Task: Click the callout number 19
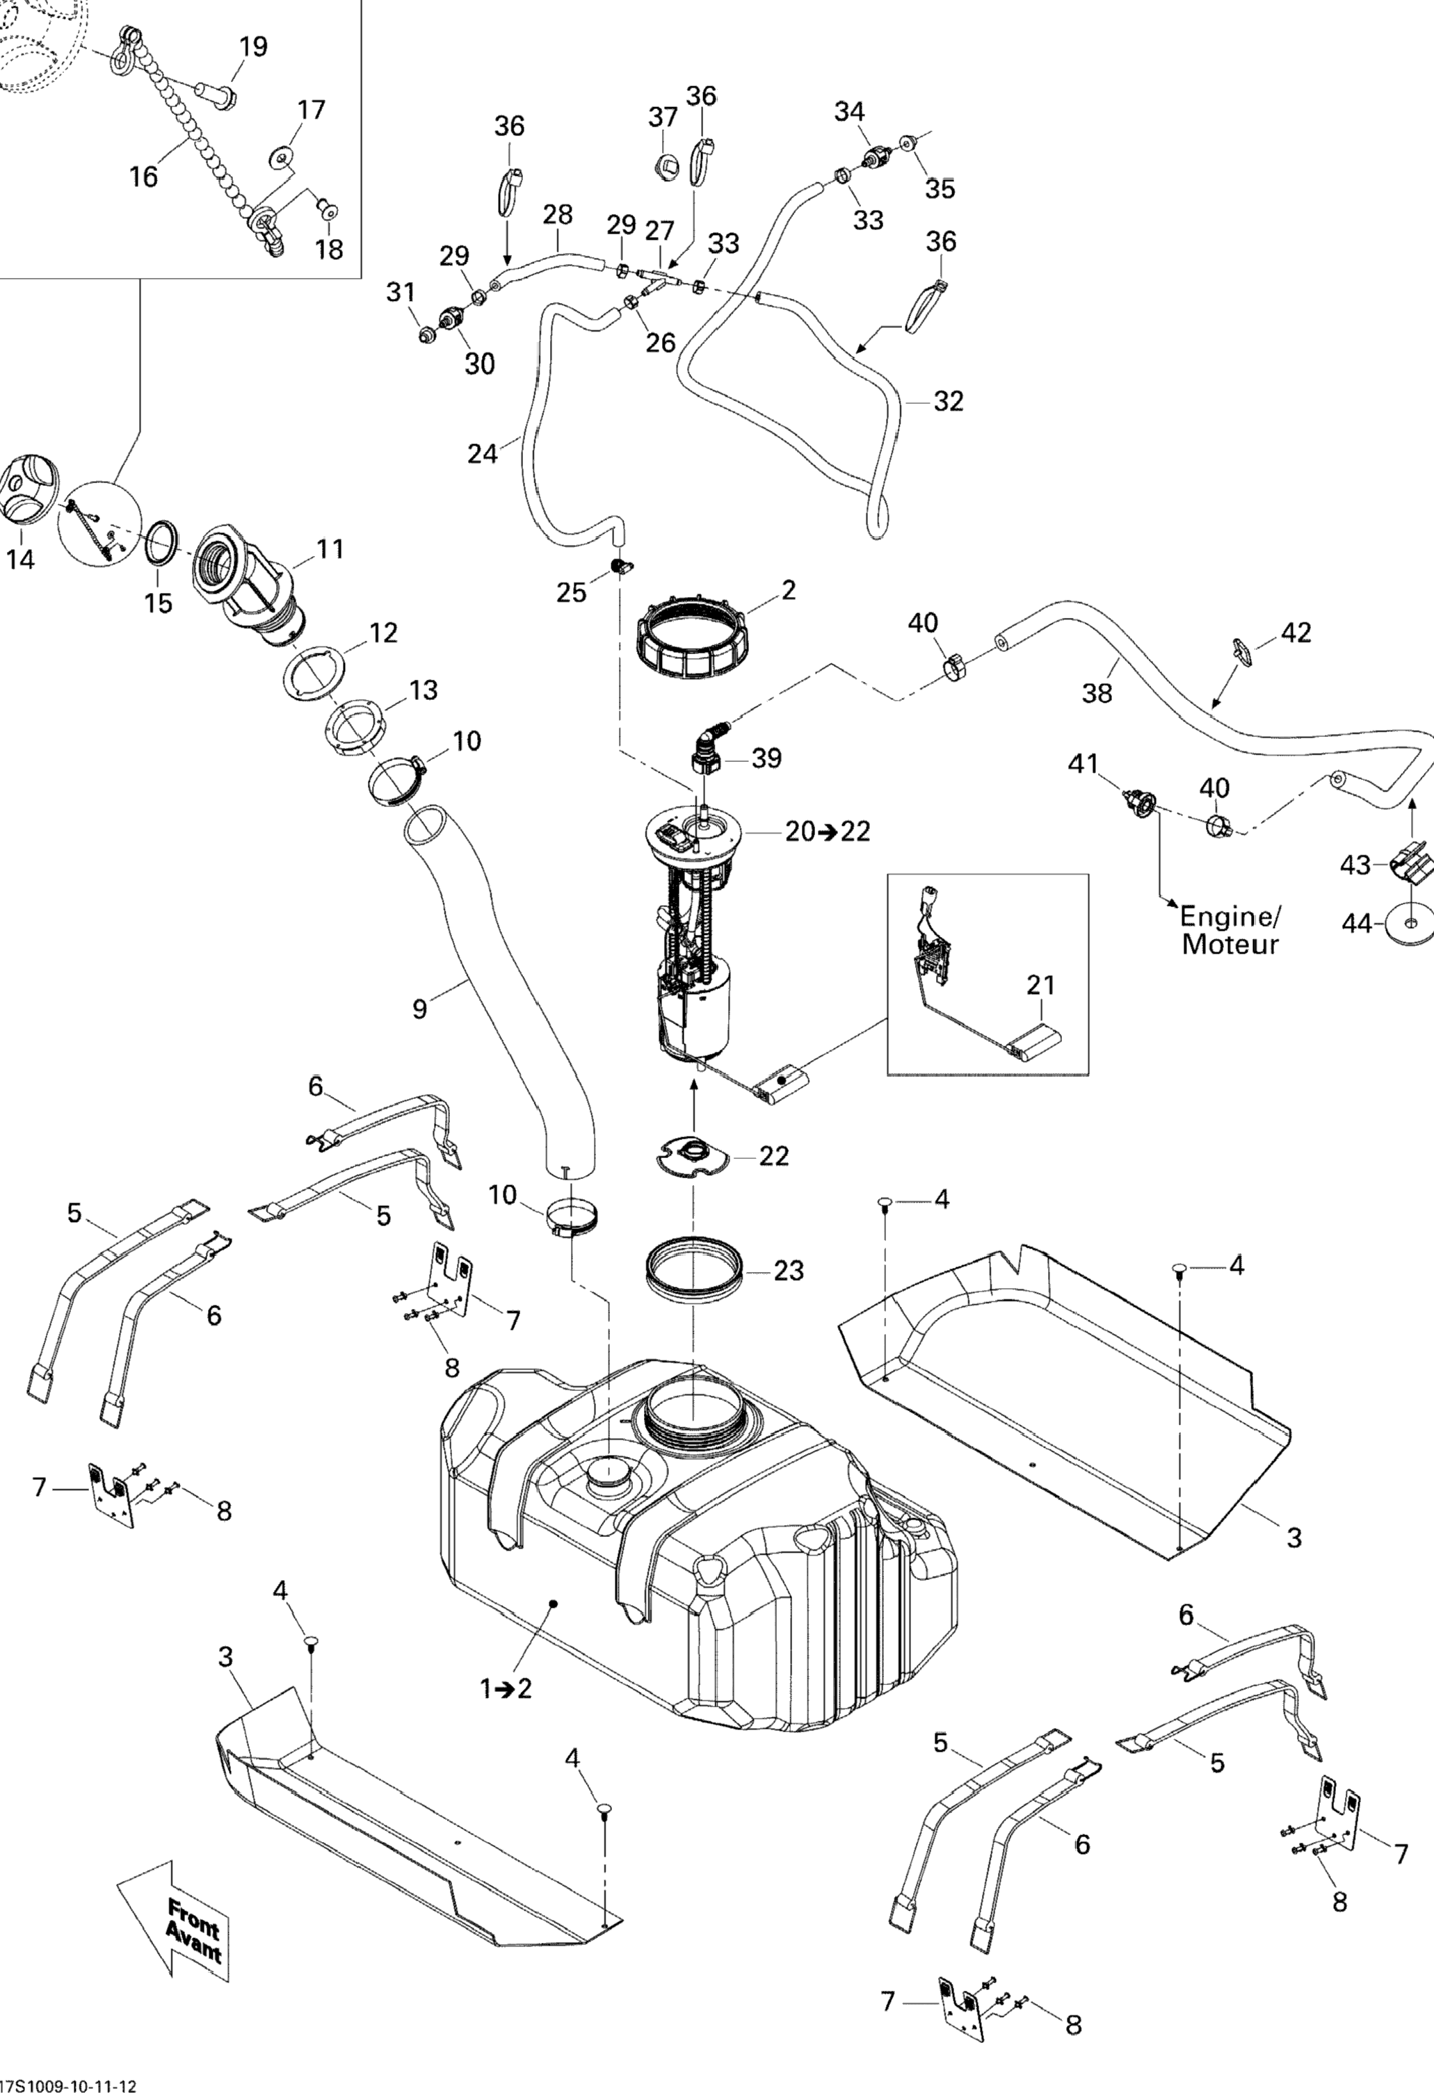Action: tap(253, 47)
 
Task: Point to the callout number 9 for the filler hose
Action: tap(420, 1009)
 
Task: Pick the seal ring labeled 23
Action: tap(693, 1271)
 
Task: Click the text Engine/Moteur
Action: tap(1230, 930)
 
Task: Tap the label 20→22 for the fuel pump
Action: tap(827, 831)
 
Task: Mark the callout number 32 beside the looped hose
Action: tap(949, 401)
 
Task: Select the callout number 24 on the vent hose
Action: tap(482, 453)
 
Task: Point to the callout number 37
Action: tap(663, 117)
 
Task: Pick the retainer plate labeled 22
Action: tap(693, 1155)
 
